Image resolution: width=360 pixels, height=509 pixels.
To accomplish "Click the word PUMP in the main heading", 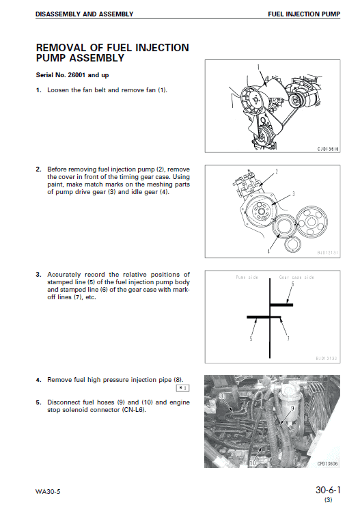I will (52, 59).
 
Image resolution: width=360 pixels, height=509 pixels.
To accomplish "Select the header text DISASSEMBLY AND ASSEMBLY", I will (85, 14).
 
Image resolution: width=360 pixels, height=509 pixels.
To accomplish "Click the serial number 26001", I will (76, 74).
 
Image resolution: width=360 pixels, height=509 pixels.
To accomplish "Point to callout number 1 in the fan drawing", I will (259, 66).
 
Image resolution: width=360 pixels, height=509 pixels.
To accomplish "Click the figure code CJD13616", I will (328, 148).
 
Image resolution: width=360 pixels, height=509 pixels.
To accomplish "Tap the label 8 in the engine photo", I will (222, 396).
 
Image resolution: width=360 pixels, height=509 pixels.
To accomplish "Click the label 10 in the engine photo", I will (252, 462).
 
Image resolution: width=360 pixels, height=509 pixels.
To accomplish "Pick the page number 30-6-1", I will (327, 490).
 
